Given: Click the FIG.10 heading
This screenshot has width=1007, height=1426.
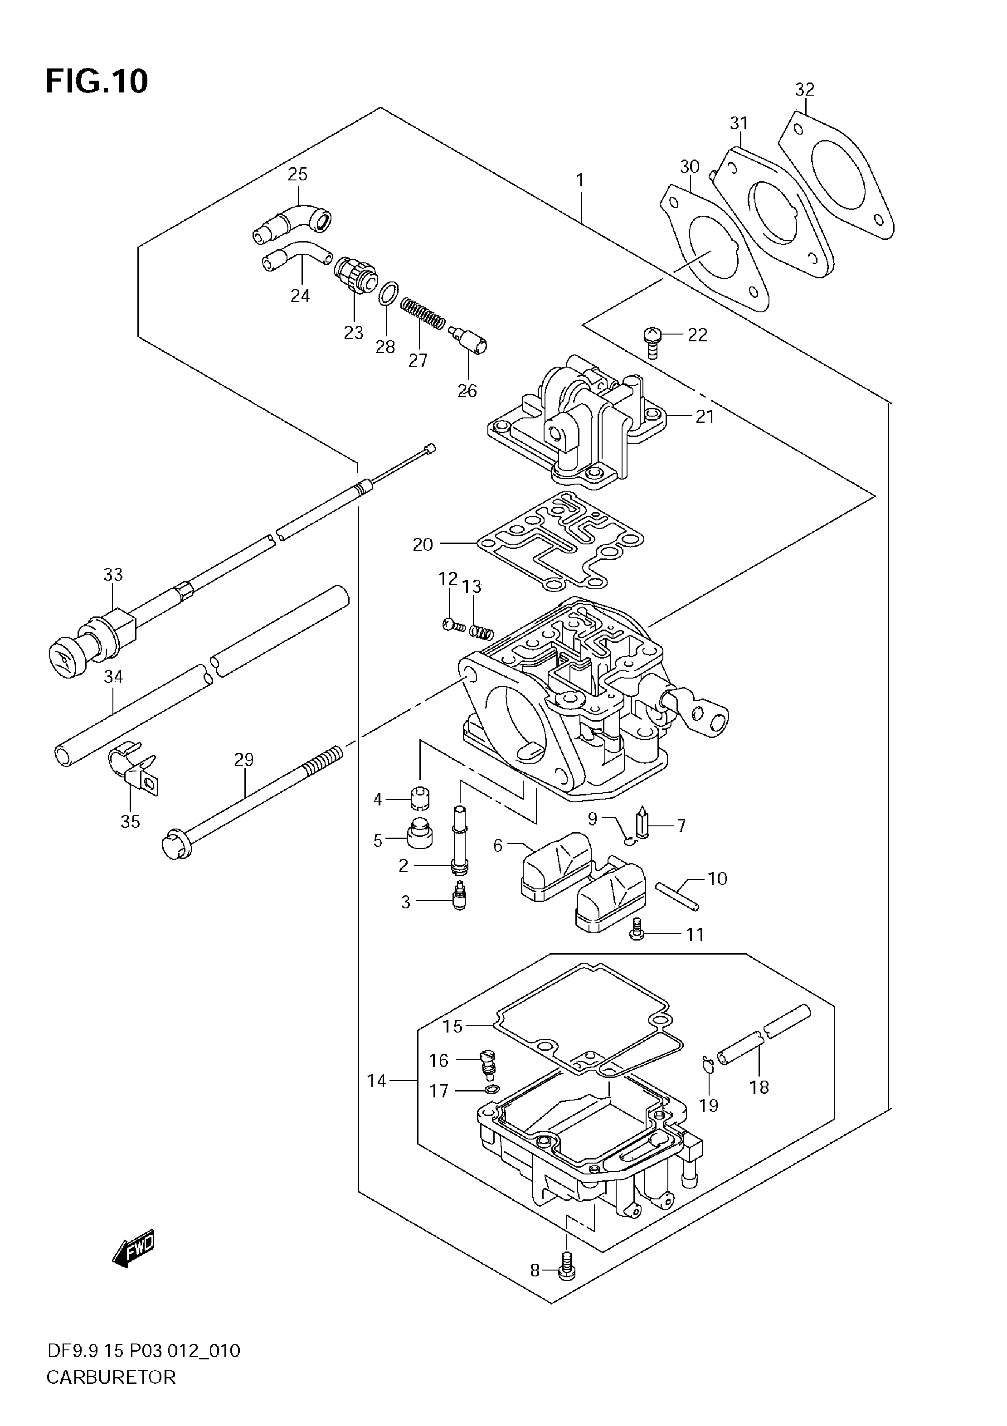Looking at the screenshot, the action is point(97,81).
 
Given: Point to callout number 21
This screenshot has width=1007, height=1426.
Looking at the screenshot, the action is point(705,416).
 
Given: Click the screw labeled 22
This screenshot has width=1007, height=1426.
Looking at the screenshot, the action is point(651,342).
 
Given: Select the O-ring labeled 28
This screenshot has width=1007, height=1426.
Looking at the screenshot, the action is point(388,293).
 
